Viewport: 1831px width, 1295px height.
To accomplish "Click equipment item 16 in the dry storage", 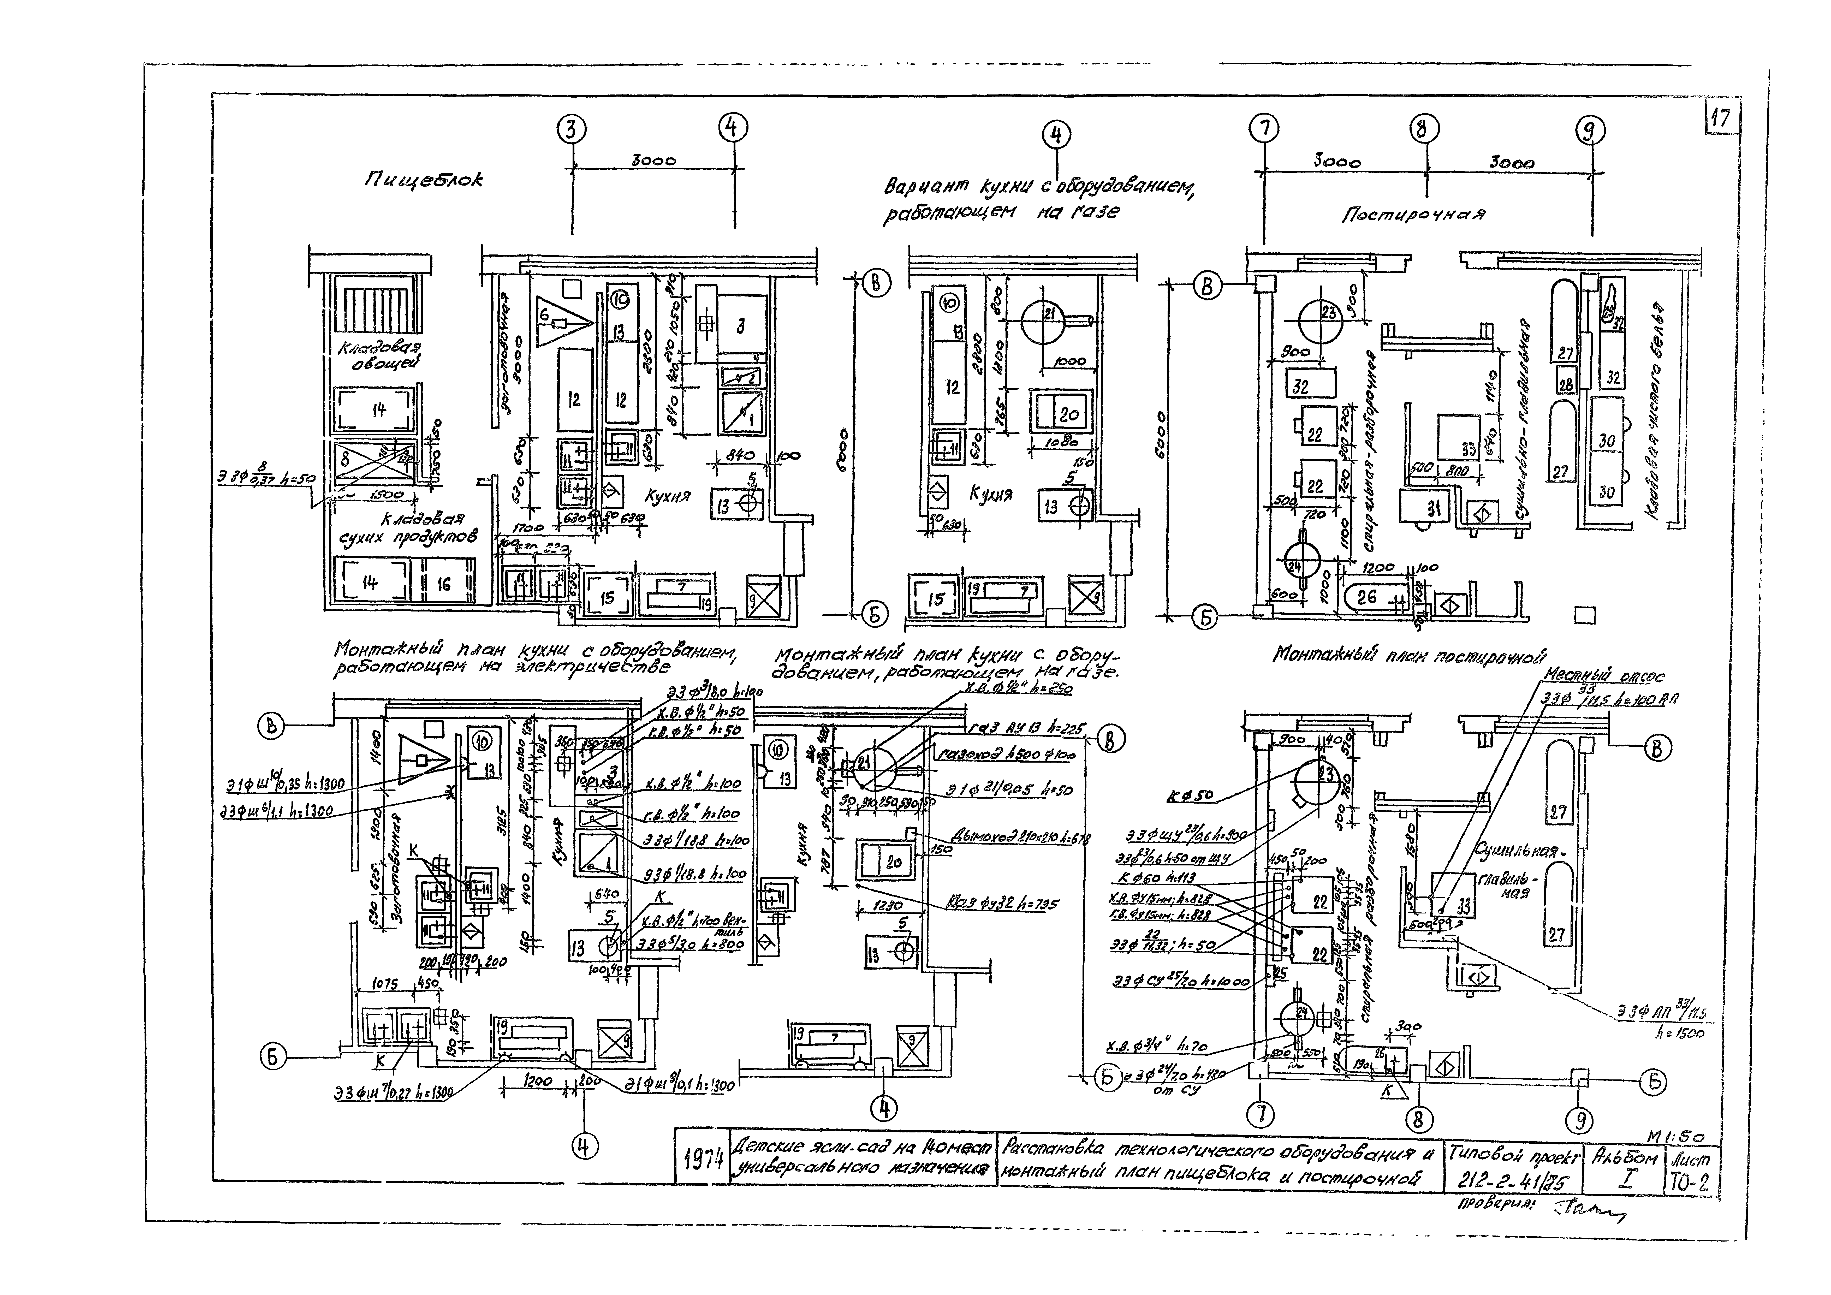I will click(x=443, y=584).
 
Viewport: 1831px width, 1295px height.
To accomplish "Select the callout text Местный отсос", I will click(x=1603, y=676).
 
